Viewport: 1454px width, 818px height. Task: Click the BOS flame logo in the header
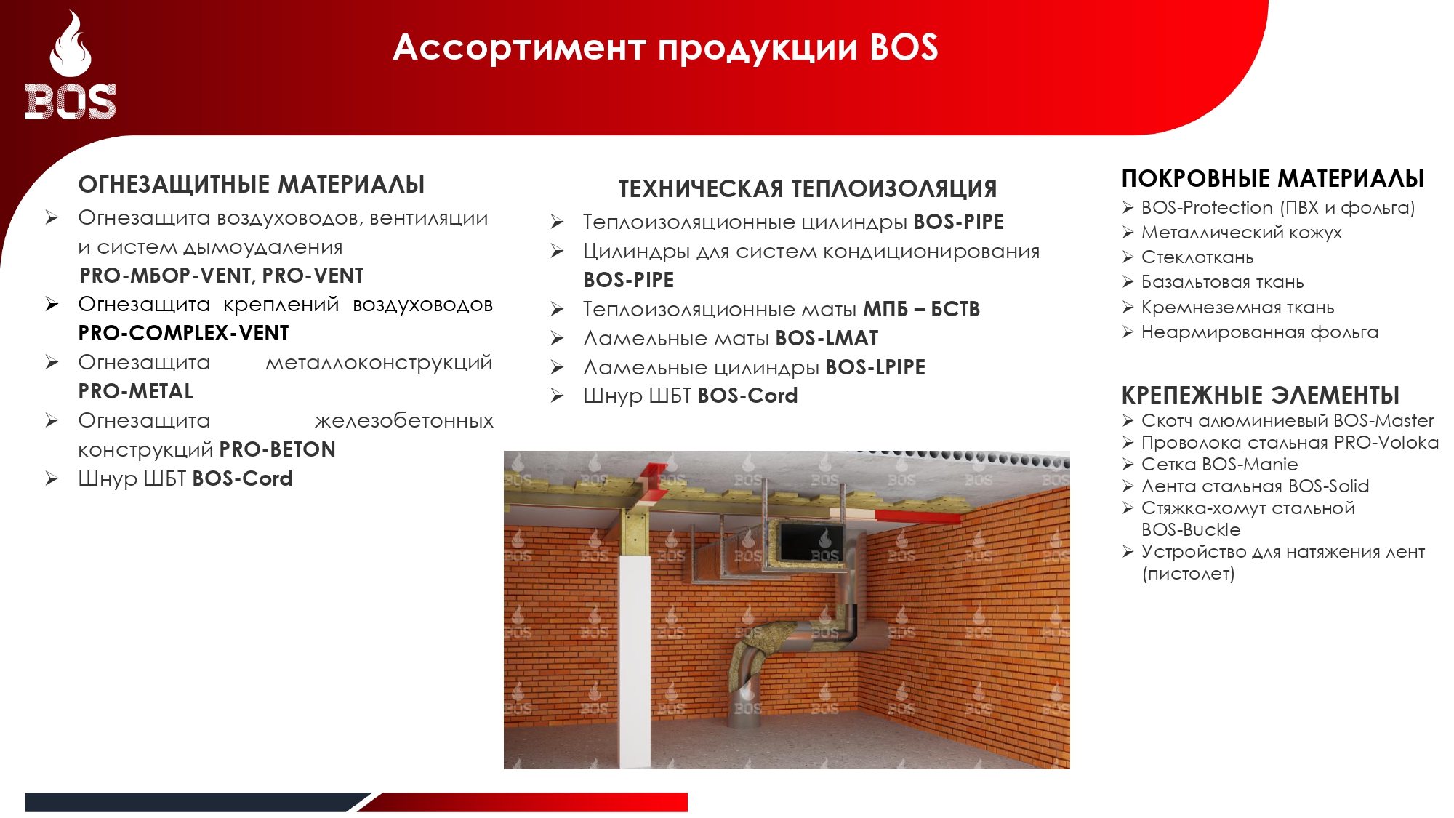pyautogui.click(x=71, y=65)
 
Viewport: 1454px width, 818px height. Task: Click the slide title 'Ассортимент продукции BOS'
pyautogui.click(x=665, y=47)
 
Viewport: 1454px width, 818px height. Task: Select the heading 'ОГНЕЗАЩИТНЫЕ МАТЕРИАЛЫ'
pyautogui.click(x=252, y=185)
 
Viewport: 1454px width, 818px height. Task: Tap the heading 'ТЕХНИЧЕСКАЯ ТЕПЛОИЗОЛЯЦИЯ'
pyautogui.click(x=808, y=189)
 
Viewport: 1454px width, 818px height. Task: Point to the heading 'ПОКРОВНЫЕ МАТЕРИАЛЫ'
pyautogui.click(x=1273, y=179)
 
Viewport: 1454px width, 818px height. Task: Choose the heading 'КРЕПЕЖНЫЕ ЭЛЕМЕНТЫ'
pyautogui.click(x=1261, y=396)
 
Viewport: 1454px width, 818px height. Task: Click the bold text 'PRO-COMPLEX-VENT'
pyautogui.click(x=183, y=333)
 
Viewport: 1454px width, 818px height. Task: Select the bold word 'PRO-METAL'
pyautogui.click(x=136, y=391)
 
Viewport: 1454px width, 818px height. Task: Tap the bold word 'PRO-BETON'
pyautogui.click(x=278, y=449)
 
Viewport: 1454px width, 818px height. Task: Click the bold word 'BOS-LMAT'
pyautogui.click(x=827, y=338)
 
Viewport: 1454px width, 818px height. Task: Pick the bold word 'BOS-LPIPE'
pyautogui.click(x=875, y=367)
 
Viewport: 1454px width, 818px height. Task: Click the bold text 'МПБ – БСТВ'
pyautogui.click(x=921, y=309)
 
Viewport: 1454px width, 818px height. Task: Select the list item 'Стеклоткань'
pyautogui.click(x=1197, y=257)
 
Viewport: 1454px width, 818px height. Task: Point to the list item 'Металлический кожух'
pyautogui.click(x=1242, y=233)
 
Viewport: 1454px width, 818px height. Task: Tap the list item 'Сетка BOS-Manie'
pyautogui.click(x=1220, y=464)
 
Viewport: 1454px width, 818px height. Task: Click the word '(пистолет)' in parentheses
pyautogui.click(x=1189, y=574)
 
